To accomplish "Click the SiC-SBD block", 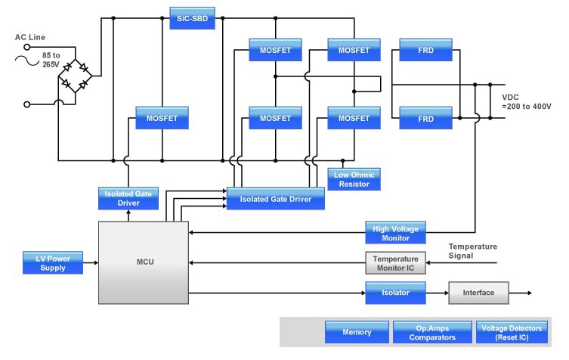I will [192, 18].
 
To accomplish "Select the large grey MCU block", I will [144, 262].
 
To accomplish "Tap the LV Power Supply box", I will [53, 262].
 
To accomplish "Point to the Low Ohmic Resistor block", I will [354, 179].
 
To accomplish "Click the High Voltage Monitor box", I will [395, 233].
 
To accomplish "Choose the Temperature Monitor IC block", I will [395, 263].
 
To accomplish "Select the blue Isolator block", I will [395, 293].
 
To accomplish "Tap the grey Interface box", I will [478, 293].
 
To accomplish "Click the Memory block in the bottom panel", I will [357, 332].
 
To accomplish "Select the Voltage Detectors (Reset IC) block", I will [512, 332].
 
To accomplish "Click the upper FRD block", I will [425, 50].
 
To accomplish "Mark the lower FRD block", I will [425, 118].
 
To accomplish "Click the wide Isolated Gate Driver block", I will [275, 199].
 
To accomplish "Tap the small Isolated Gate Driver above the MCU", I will [128, 198].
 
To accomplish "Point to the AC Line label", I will [31, 37].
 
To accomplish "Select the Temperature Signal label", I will [472, 251].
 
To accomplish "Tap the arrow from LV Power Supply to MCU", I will [91, 262].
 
